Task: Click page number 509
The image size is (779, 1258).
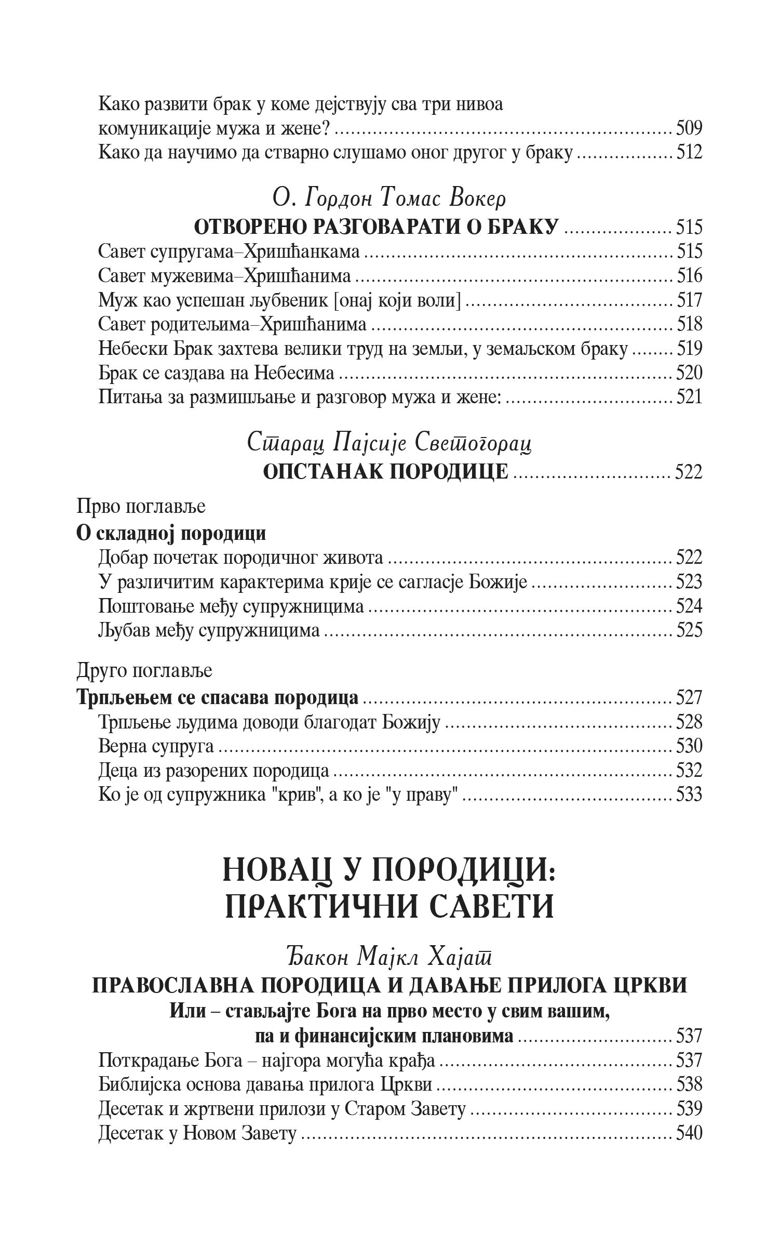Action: pos(689,128)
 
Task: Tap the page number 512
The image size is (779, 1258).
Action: pos(689,152)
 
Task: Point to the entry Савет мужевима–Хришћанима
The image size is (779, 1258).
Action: pos(224,276)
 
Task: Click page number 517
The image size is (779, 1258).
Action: pos(689,300)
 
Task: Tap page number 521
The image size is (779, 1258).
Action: pos(689,398)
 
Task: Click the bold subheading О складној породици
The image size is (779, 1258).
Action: pos(171,533)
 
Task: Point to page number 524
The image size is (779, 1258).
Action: pos(689,606)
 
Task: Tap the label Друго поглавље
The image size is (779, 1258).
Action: pos(144,671)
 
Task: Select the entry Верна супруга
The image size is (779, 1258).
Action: pos(156,746)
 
